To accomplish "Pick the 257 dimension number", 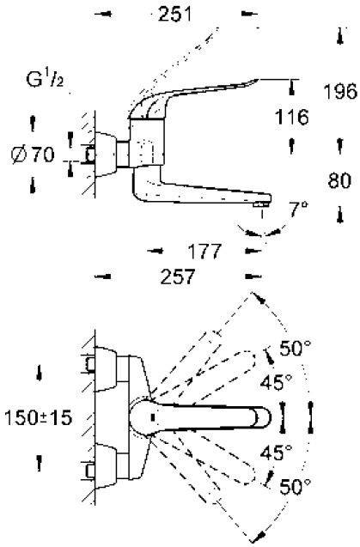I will tap(179, 278).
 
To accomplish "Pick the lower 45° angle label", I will tap(277, 451).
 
